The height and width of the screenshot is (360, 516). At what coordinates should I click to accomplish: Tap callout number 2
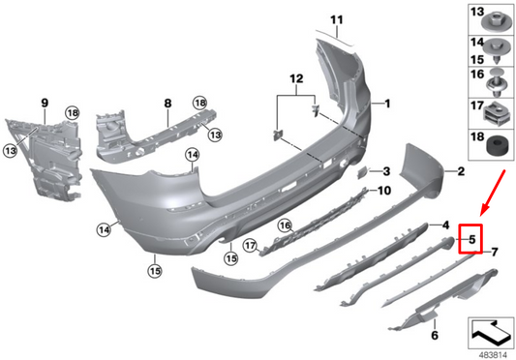pyautogui.click(x=461, y=171)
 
